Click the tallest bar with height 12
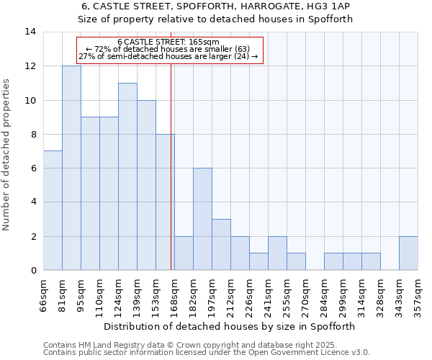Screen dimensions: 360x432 point(71,168)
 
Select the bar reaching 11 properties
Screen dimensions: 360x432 point(127,176)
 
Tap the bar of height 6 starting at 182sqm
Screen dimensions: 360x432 point(202,219)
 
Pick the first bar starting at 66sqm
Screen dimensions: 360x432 point(53,210)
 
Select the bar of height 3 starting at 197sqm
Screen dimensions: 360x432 point(221,245)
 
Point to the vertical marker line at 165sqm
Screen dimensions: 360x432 point(171,180)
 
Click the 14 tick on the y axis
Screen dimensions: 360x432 point(30,32)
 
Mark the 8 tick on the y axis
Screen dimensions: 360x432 point(33,134)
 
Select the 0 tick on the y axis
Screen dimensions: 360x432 point(33,270)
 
